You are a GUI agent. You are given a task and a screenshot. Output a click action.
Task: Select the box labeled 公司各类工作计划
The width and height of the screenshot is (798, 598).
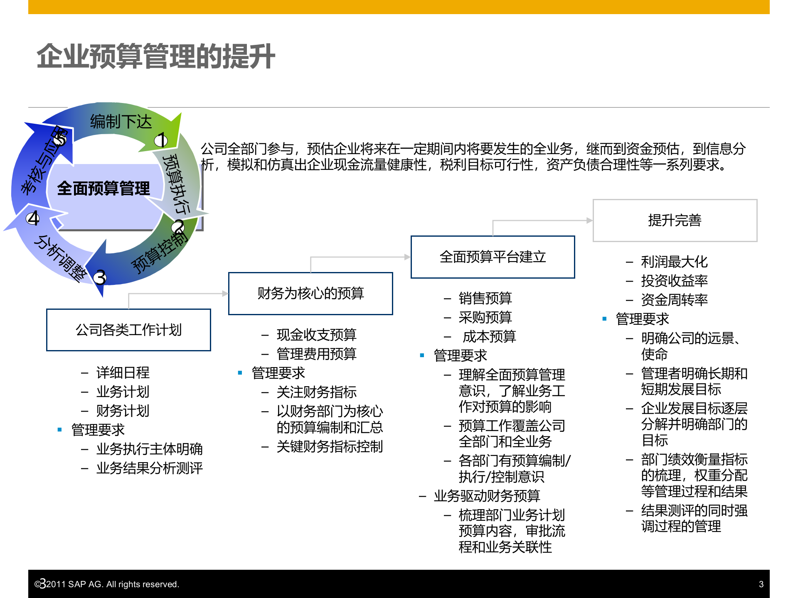coord(128,330)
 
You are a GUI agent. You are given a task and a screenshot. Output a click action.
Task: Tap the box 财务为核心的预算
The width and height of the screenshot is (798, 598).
coord(310,293)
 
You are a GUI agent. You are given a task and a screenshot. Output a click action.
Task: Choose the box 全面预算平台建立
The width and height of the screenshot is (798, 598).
coord(493,257)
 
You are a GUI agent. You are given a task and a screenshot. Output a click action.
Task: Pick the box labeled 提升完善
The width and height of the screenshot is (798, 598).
coord(675,220)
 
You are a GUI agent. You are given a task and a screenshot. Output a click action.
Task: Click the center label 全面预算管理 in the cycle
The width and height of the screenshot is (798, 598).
coord(103,189)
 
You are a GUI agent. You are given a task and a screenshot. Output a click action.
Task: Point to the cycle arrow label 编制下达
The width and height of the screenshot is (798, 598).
coord(121,122)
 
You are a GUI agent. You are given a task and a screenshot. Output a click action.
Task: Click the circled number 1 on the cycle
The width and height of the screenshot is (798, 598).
coord(161,140)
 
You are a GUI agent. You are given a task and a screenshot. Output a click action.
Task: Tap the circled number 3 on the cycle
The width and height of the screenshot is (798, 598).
coord(100,277)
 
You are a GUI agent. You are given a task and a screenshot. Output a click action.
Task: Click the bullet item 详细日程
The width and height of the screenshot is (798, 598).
coord(123,373)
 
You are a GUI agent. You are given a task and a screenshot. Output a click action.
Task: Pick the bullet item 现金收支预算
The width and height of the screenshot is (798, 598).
coord(316,335)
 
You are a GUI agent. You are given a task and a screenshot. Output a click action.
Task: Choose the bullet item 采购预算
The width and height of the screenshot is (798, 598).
coord(485,317)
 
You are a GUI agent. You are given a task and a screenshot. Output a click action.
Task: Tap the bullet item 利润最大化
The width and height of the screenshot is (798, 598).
coord(674,262)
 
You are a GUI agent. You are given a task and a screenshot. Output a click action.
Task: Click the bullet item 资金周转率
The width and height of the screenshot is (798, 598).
coord(674,300)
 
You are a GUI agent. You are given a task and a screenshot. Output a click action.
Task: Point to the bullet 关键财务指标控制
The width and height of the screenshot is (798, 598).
coord(330,446)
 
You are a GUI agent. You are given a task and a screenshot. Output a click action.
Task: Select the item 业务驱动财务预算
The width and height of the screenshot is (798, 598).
coord(487,496)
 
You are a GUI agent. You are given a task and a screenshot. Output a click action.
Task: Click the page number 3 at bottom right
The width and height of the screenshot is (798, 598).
coord(761,584)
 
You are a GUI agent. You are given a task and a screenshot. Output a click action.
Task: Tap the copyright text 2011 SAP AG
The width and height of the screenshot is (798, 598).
coord(112,584)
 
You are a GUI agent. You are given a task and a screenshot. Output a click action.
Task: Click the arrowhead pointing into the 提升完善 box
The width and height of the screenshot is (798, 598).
coord(589,221)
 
